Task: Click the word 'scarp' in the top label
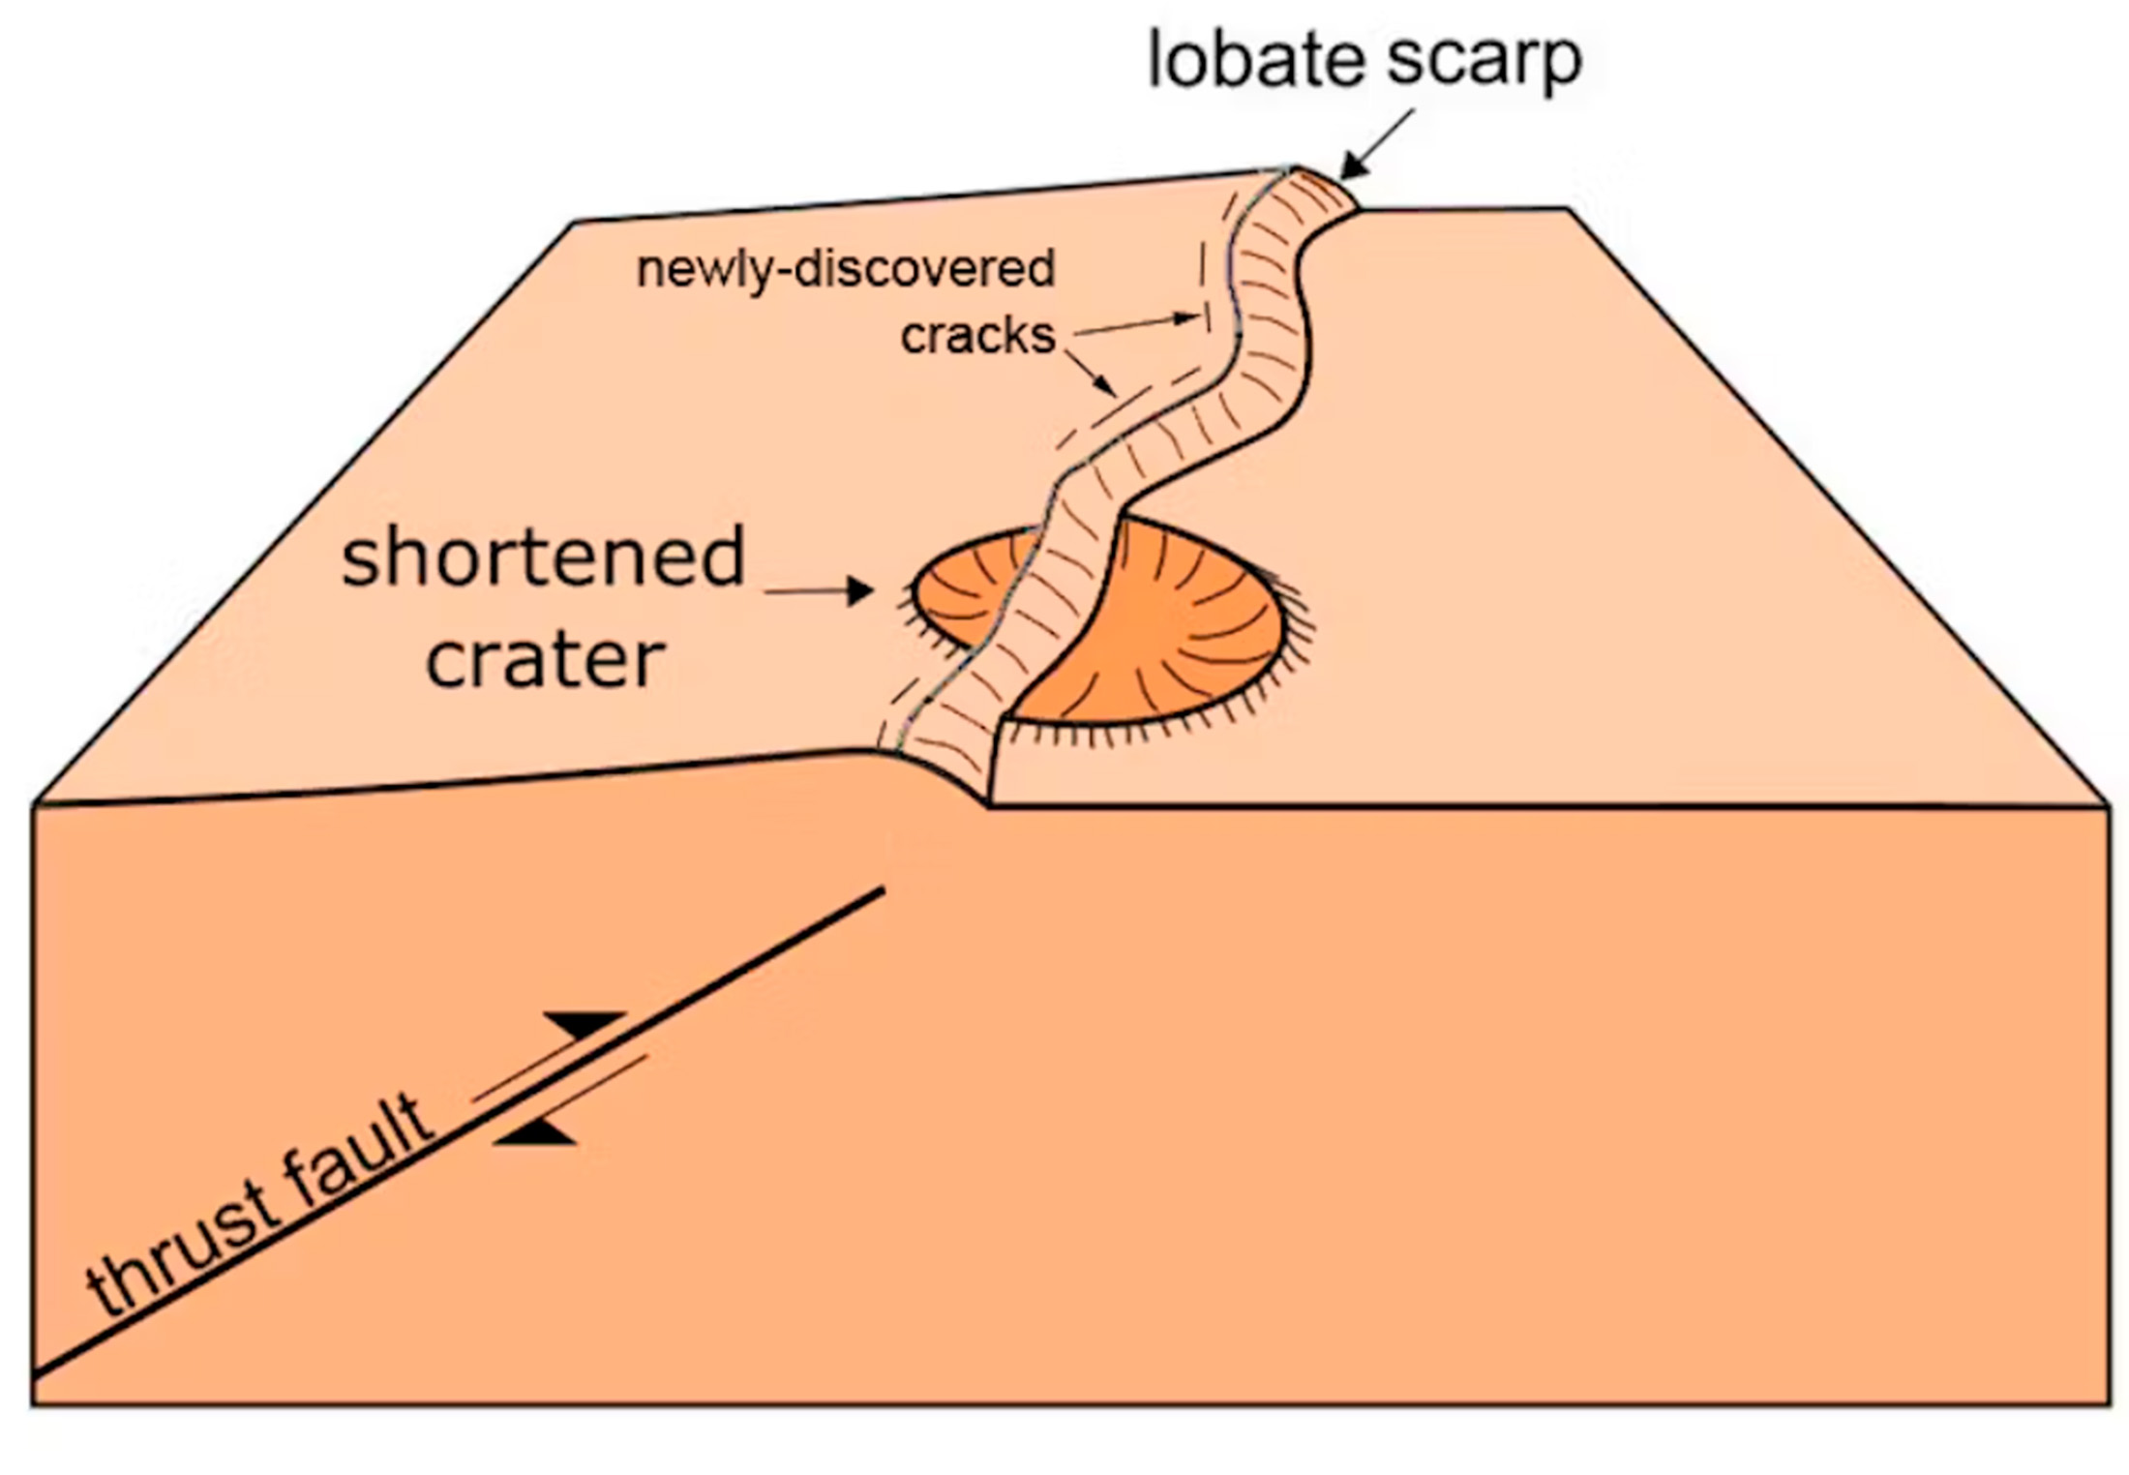[1484, 62]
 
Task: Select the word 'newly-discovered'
[845, 268]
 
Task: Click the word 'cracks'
[977, 336]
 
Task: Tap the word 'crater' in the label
[546, 660]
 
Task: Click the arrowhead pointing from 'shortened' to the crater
[859, 590]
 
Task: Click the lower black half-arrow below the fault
[535, 1131]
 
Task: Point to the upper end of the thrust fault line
[883, 888]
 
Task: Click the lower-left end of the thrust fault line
[35, 1374]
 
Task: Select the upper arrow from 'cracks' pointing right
[1137, 324]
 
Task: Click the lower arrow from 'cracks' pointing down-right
[1092, 373]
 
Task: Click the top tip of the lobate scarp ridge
[1295, 168]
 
